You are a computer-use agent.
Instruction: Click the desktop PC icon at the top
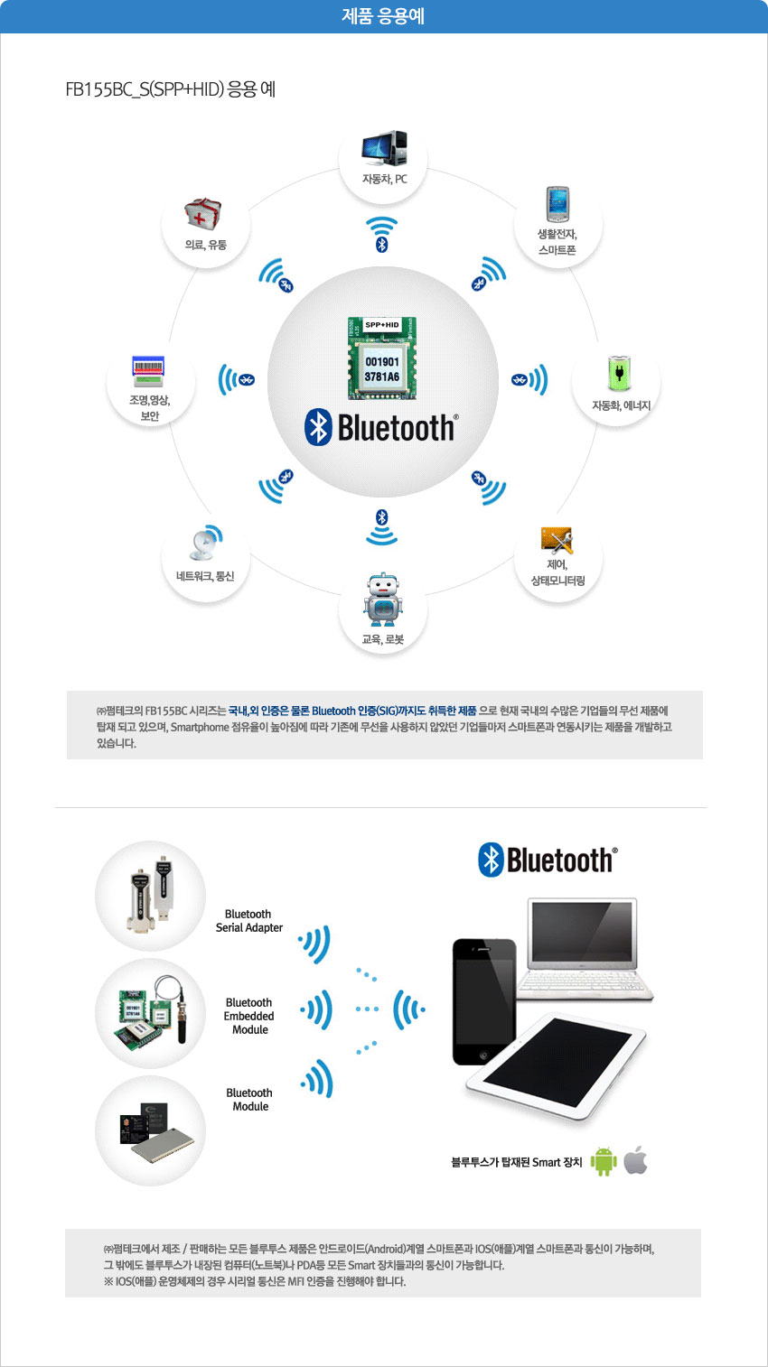[x=384, y=148]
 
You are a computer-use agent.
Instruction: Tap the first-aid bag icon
[x=203, y=214]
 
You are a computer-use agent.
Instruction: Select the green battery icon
[x=619, y=373]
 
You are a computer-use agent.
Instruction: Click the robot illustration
[x=383, y=600]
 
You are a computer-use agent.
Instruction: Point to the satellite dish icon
[x=206, y=543]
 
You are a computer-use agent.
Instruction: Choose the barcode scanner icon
[x=148, y=371]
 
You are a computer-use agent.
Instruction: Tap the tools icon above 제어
[x=557, y=540]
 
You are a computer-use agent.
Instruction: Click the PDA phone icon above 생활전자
[x=557, y=204]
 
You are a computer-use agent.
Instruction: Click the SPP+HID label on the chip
[x=382, y=325]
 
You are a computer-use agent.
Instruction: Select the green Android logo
[x=604, y=1161]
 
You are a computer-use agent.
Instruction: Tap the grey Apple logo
[x=635, y=1159]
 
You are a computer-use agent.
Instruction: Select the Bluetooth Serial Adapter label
[x=249, y=920]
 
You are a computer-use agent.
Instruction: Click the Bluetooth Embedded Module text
[x=248, y=1016]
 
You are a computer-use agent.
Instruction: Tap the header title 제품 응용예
[x=383, y=16]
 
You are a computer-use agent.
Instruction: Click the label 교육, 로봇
[x=383, y=639]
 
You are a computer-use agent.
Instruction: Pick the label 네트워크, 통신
[x=205, y=576]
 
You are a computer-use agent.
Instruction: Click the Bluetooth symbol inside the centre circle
[x=318, y=427]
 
